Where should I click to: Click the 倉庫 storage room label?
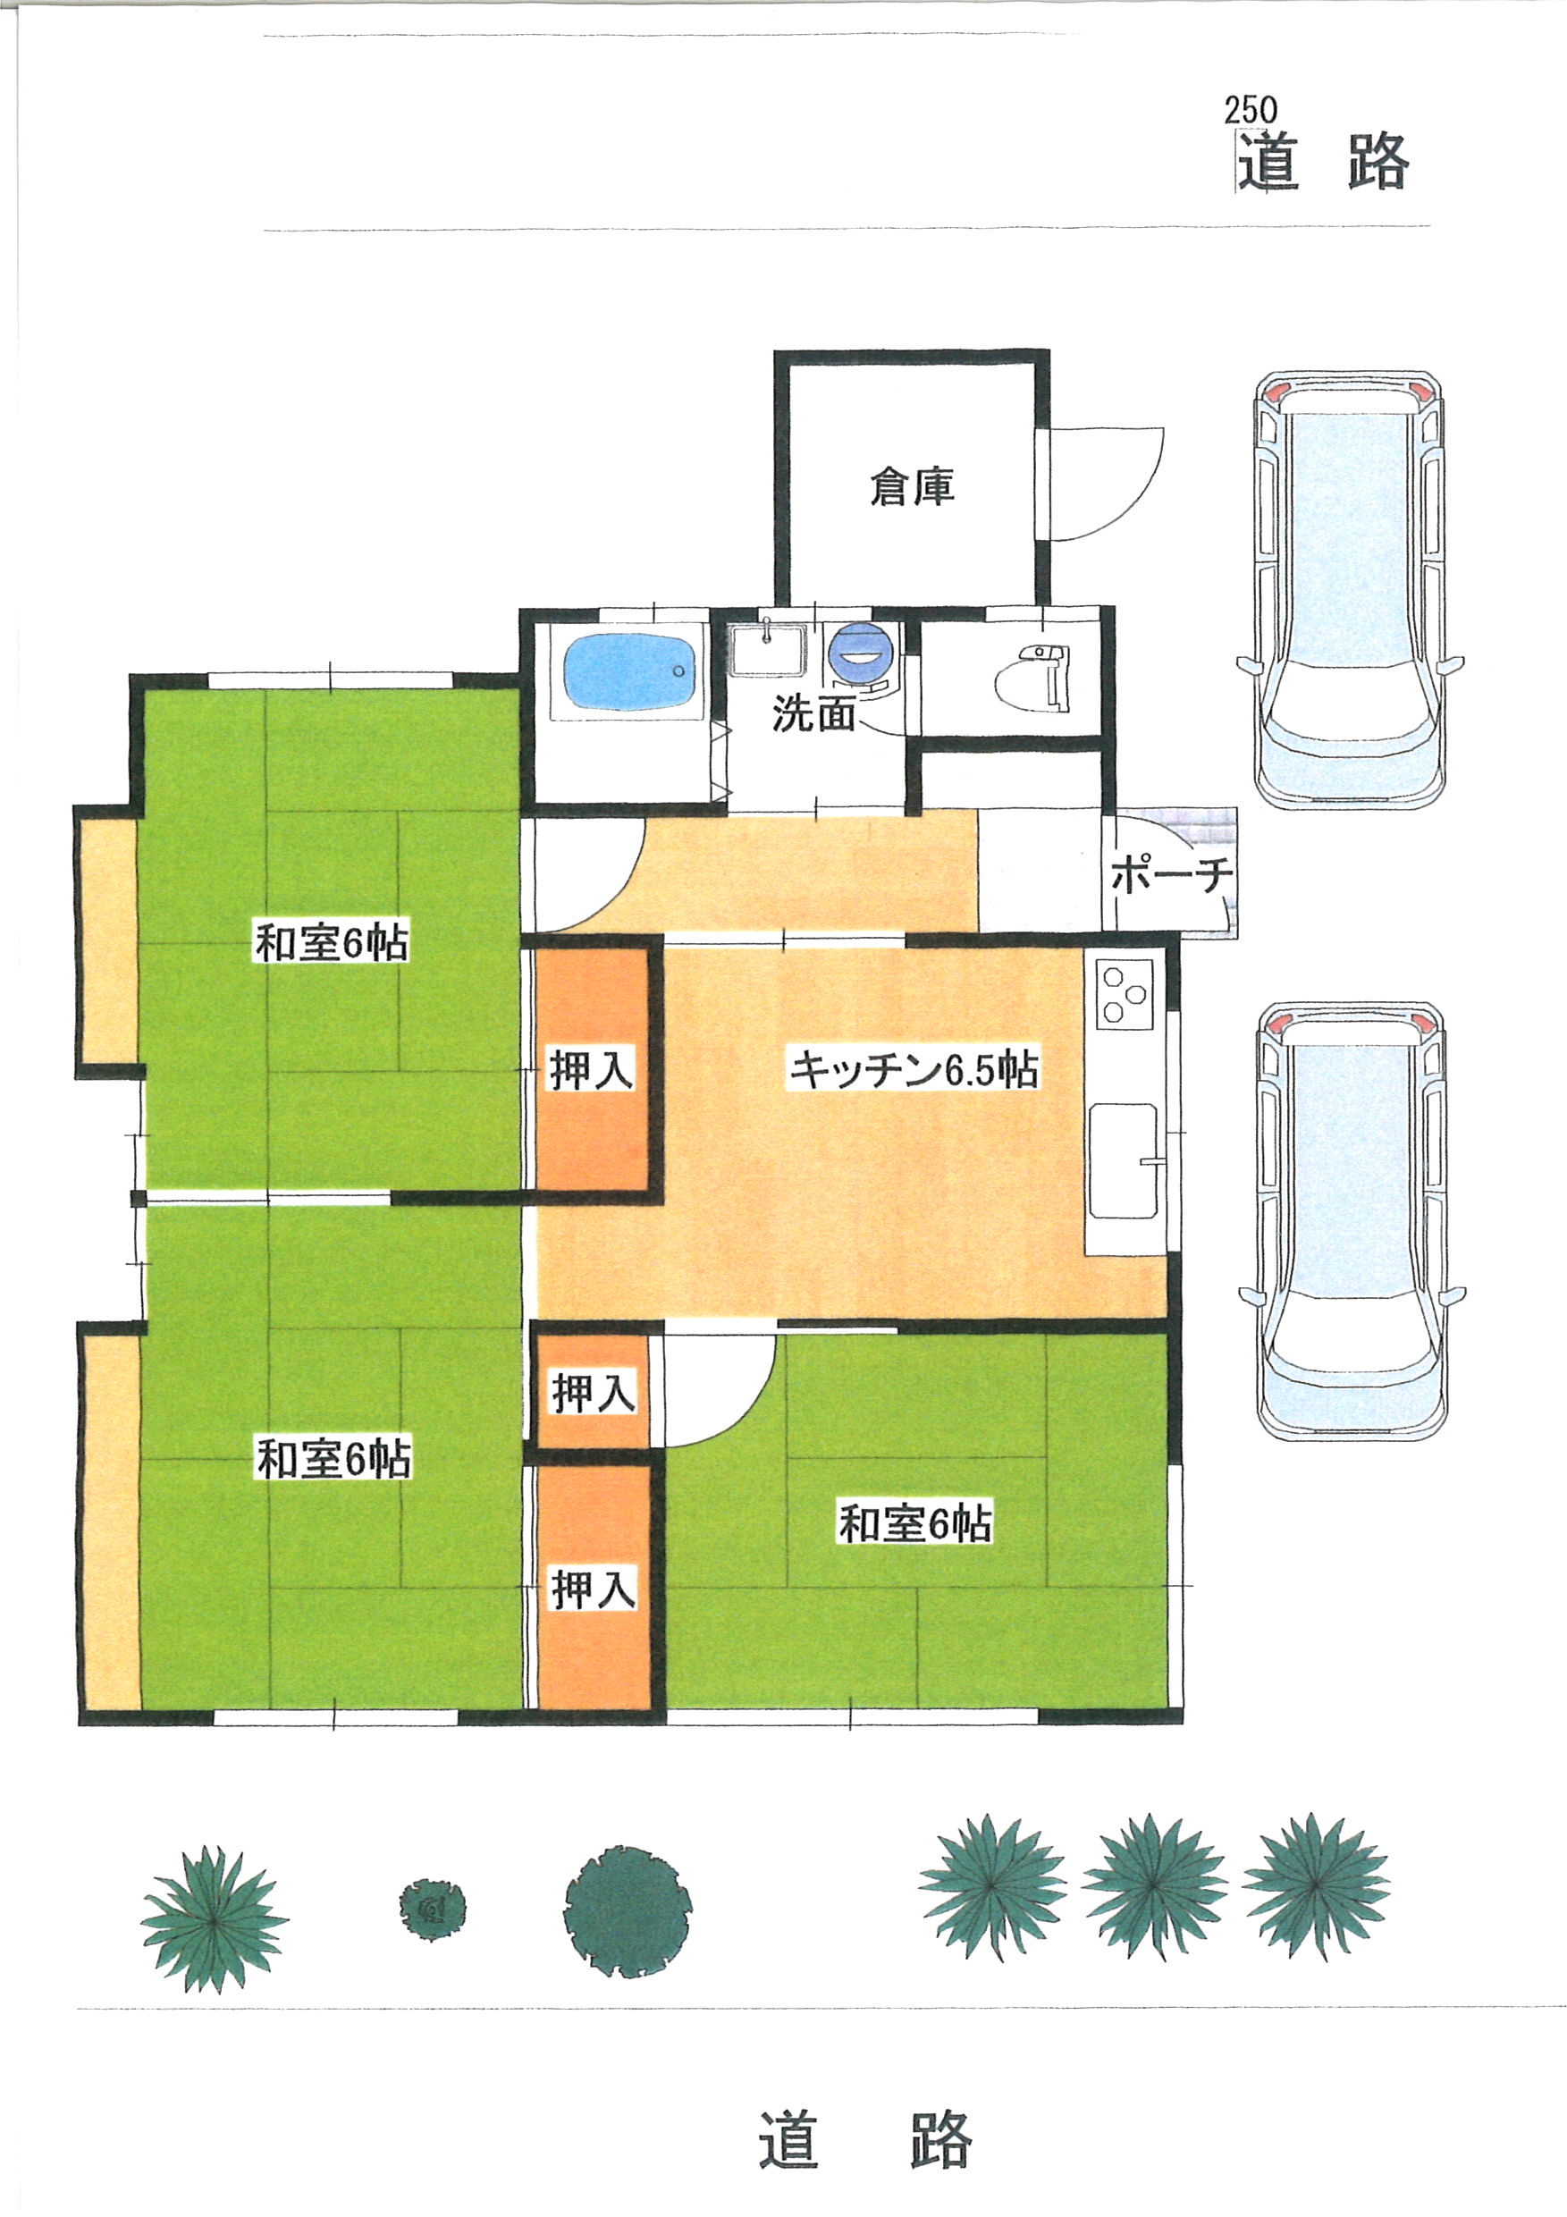[913, 486]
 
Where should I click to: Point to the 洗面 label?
[814, 713]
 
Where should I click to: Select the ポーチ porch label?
[1171, 876]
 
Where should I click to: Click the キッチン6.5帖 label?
[913, 1069]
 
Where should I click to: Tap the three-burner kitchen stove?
[1125, 995]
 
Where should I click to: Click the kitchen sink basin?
[1124, 1160]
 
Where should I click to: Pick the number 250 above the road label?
[1251, 110]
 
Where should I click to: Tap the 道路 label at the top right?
[1324, 161]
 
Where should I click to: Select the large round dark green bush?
[628, 1911]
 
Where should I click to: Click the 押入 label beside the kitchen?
[592, 1070]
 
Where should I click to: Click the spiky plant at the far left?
[214, 1919]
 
